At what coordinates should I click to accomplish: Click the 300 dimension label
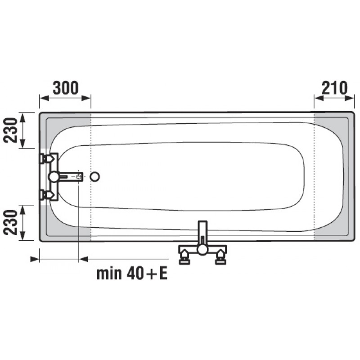66,88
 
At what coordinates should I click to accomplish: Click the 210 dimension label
334,88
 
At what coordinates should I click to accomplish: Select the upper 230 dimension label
10,130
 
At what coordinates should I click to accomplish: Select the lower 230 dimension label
10,222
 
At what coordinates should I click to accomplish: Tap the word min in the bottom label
109,273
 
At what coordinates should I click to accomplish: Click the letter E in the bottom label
163,273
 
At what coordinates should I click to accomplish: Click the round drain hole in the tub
94,177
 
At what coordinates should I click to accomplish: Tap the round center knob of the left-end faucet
54,177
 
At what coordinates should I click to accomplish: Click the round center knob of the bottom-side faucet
202,250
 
